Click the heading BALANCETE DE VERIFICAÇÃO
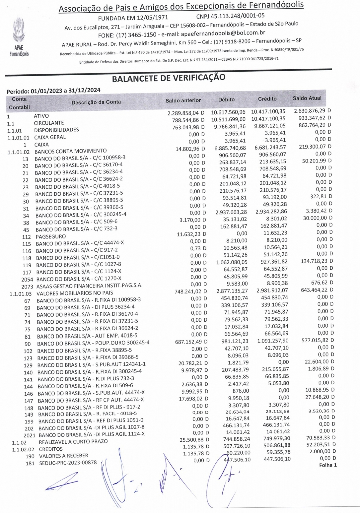[x=168, y=78]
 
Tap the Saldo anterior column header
[x=183, y=100]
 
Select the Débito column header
[x=226, y=100]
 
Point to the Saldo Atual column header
[x=307, y=98]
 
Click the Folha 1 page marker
[x=328, y=465]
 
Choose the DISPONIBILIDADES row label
[x=56, y=130]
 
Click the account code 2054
[x=27, y=280]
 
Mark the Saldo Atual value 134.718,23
[x=315, y=261]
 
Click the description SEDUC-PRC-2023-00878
[x=68, y=463]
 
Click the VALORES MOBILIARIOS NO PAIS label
[x=75, y=293]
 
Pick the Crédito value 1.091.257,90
[x=273, y=341]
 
